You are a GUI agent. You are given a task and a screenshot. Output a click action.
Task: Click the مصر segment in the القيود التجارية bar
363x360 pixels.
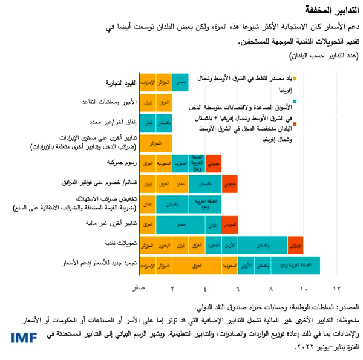coord(180,82)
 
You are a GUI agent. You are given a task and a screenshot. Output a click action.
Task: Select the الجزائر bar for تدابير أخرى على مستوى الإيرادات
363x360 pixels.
coord(155,143)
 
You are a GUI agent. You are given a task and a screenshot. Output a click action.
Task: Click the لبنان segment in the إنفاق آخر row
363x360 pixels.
coord(147,122)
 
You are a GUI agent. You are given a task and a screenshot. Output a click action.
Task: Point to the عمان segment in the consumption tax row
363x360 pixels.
coord(147,205)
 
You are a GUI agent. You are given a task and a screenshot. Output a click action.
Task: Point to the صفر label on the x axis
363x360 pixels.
coord(140,289)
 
